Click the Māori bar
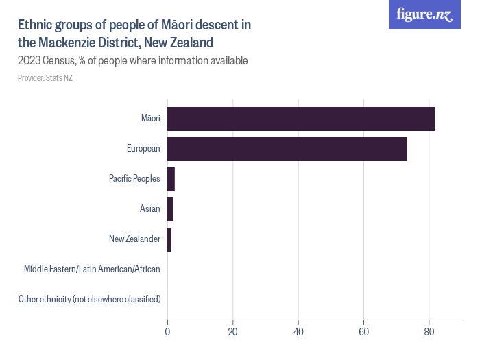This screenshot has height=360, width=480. point(301,119)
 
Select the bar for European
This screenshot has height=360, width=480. point(287,149)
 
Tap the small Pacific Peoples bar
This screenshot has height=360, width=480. point(171,179)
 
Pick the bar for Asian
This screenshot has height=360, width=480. point(170,208)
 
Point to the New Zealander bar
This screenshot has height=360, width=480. point(169,239)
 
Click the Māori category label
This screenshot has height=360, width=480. point(150,119)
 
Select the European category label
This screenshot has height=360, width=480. point(143,149)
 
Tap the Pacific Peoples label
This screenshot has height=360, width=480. point(134,179)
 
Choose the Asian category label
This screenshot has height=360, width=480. point(149,208)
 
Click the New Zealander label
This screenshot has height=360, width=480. point(134,239)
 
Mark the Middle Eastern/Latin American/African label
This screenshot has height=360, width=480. point(92,269)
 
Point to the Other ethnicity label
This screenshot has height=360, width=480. point(89,299)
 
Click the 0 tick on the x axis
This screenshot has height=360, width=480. point(167,333)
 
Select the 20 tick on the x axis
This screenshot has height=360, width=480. point(233,333)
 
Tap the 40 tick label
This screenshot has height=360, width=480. point(298,333)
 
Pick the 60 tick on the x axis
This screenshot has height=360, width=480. point(363,333)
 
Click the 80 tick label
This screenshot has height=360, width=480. point(429,333)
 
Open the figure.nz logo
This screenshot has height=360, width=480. point(424,15)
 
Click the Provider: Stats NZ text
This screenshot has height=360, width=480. point(45,78)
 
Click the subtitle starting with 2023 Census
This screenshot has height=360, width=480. point(132,60)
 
